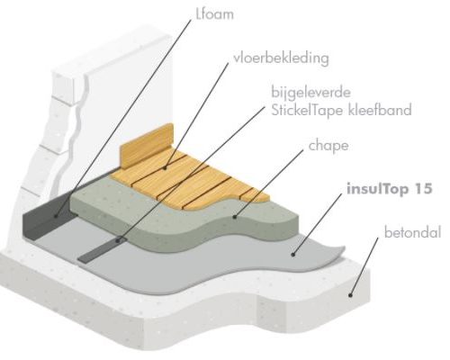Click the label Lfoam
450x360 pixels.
click(x=214, y=14)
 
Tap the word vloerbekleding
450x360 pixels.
click(x=281, y=58)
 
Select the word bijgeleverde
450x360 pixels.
click(x=311, y=92)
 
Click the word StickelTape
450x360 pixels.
click(x=307, y=110)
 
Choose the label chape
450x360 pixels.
click(x=328, y=146)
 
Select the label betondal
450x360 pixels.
click(x=412, y=232)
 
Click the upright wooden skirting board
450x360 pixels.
click(x=147, y=146)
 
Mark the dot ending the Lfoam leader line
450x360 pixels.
click(x=56, y=215)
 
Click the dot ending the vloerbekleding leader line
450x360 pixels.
click(x=166, y=168)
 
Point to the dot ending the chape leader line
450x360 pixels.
click(x=235, y=217)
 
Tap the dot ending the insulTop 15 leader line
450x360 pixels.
click(x=293, y=255)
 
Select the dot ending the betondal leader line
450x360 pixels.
click(x=350, y=295)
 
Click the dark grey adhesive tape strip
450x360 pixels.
click(x=99, y=250)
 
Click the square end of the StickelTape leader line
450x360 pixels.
click(x=119, y=239)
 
